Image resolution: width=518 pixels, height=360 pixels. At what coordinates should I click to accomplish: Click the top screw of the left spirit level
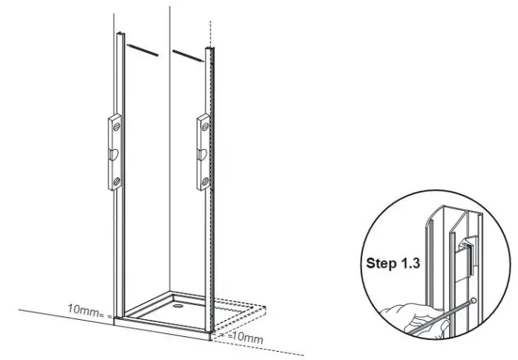tap(116, 128)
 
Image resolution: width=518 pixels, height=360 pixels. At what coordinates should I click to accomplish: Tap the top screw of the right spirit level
tap(203, 128)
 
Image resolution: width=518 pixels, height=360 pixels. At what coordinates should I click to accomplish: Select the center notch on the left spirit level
tap(114, 154)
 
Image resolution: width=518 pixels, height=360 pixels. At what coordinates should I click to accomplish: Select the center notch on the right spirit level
tap(200, 154)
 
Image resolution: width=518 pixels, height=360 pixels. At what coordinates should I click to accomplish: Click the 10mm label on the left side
tap(84, 309)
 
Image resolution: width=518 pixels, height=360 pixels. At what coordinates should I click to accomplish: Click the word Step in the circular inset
tap(381, 263)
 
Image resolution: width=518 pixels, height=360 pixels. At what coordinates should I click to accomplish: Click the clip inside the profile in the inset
tap(462, 246)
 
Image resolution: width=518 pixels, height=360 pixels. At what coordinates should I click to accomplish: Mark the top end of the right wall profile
tap(211, 50)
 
